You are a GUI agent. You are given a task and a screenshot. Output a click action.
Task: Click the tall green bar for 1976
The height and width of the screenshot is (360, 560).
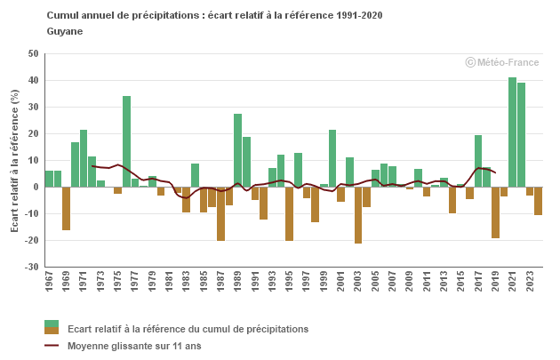coord(126,141)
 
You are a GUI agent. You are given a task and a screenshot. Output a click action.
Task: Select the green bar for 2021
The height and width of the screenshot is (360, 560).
coord(512,132)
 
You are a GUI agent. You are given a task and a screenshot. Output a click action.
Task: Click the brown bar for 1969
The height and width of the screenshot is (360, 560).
coord(66,209)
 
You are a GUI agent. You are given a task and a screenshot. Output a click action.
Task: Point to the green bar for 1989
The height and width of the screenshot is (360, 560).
coord(237,150)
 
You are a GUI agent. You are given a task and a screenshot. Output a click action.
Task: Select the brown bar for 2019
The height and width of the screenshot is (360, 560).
coord(495,212)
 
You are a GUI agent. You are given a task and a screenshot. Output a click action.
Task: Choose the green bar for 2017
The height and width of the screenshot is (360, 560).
coord(478,161)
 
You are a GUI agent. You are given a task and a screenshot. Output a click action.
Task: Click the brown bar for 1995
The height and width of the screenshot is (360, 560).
coord(289,213)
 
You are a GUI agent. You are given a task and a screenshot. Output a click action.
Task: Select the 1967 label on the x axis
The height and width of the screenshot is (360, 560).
coord(49,283)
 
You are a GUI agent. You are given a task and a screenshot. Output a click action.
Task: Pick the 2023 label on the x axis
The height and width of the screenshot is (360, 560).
coord(530,283)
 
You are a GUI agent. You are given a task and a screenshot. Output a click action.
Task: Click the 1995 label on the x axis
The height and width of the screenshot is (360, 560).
coord(290,283)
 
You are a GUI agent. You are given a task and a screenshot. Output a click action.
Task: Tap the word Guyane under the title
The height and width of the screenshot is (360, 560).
coord(64,31)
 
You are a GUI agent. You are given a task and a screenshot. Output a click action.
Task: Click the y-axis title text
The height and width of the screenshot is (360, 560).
coord(14,161)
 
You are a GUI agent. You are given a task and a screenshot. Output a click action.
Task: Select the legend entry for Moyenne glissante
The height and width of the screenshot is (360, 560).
coord(133,346)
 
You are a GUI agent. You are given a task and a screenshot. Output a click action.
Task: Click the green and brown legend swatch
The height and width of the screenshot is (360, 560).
coord(52,329)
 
